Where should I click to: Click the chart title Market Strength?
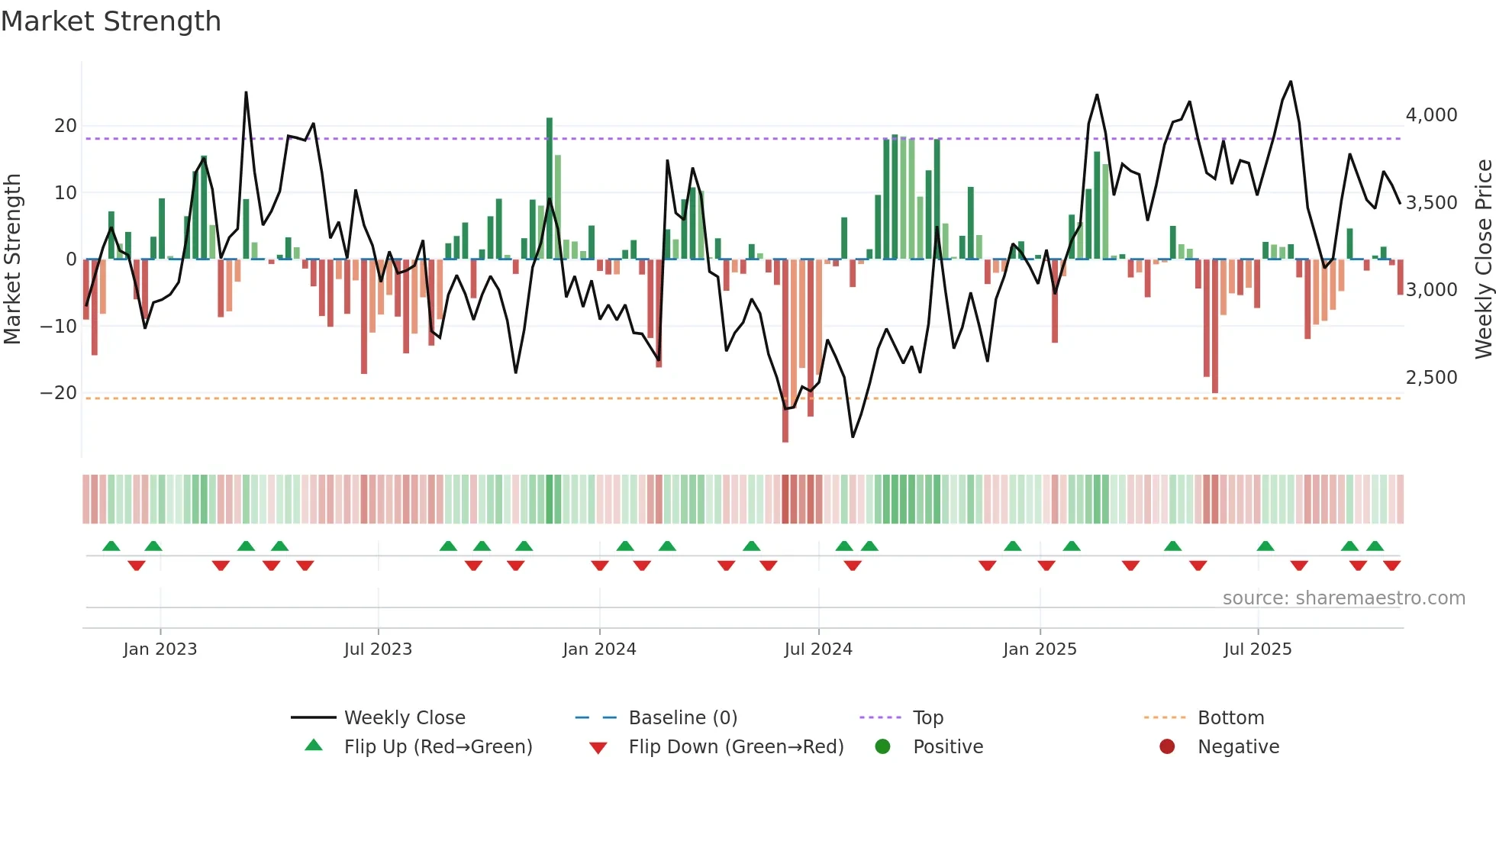pos(111,21)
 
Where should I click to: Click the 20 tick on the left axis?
pos(66,126)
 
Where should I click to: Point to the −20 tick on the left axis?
pos(59,393)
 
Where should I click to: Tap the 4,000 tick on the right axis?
pos(1431,115)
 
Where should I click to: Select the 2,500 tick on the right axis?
pos(1431,378)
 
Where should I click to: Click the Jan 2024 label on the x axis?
pos(599,649)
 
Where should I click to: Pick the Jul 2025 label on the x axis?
pos(1257,649)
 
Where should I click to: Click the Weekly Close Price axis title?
pos(1483,259)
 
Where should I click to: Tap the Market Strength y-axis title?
pos(12,259)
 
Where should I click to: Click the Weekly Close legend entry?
pos(405,718)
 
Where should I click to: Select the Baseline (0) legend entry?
pos(682,718)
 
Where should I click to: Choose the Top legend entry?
pos(928,718)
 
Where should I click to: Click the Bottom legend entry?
pos(1230,718)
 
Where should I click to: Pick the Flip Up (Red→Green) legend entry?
pos(437,747)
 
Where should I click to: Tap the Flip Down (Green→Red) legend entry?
pos(736,747)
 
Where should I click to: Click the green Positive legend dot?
pos(883,747)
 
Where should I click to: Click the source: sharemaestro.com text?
pos(1343,598)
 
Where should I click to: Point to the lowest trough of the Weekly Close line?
pos(853,437)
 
